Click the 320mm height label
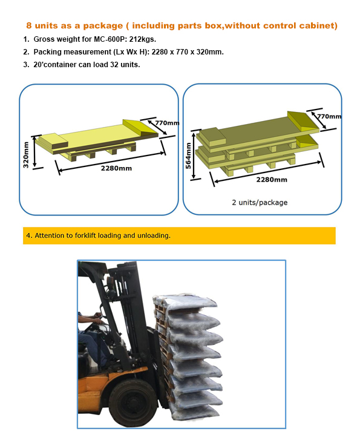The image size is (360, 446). coord(26,155)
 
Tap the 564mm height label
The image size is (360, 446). coord(188,156)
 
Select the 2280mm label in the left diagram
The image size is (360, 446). coord(116,168)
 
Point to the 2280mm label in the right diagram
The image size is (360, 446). coord(272,180)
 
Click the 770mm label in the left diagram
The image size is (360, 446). coord(167,123)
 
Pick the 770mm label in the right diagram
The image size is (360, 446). coord(329,116)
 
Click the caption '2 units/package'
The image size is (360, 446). coord(260,202)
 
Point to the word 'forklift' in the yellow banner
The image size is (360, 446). coord(85,235)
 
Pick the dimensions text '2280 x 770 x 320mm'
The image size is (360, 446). coord(188,52)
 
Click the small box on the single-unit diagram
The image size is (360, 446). coord(53,140)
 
